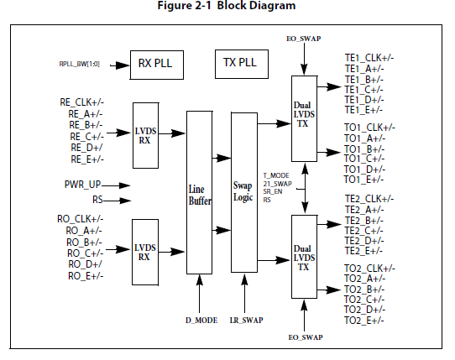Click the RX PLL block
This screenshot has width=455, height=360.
pos(157,65)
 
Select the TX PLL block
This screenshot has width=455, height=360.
pos(242,64)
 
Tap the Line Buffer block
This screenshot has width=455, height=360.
pos(199,192)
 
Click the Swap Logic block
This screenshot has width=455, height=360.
pos(244,192)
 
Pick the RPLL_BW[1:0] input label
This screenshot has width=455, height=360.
pos(79,64)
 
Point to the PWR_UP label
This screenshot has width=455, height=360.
pos(82,185)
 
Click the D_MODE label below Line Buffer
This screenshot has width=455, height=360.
pos(201,321)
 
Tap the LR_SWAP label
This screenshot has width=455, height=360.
pos(246,321)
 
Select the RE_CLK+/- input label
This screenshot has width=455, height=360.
pos(81,102)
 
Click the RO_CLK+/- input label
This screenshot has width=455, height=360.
pos(80,219)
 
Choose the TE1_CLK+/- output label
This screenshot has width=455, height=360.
pos(369,58)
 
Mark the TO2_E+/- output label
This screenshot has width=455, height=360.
pos(363,321)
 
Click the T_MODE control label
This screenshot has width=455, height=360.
pos(276,175)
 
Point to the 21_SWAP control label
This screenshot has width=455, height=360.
pos(277,184)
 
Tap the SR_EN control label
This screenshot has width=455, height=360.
pos(273,191)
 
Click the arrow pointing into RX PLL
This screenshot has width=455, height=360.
pos(119,65)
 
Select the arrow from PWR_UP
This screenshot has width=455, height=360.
pos(116,185)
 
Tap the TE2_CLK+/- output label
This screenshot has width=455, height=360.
pos(369,199)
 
